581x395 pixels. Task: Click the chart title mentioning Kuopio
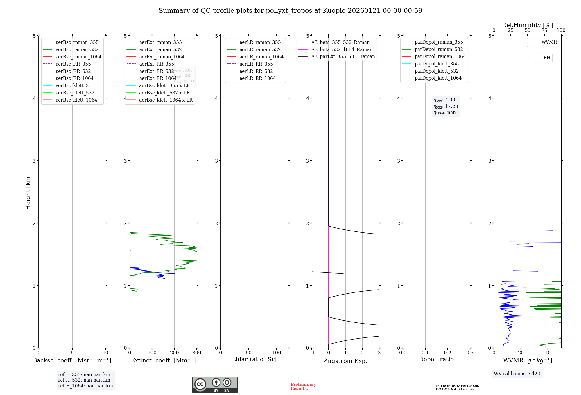[x=290, y=11]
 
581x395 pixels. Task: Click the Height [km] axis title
[x=28, y=192]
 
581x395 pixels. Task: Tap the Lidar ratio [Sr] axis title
[x=254, y=359]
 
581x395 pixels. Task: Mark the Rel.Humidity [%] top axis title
[x=527, y=25]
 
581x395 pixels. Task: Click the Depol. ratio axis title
[x=436, y=359]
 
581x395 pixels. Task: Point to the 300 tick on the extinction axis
[x=197, y=353]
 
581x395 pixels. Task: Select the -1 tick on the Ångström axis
[x=312, y=353]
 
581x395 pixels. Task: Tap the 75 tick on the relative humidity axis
[x=544, y=30]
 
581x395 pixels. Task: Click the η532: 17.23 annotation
[x=445, y=107]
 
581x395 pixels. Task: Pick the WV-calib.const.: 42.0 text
[x=517, y=374]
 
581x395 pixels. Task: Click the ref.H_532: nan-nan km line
[x=84, y=380]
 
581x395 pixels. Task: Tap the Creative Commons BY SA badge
[x=215, y=385]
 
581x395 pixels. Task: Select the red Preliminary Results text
[x=303, y=386]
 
